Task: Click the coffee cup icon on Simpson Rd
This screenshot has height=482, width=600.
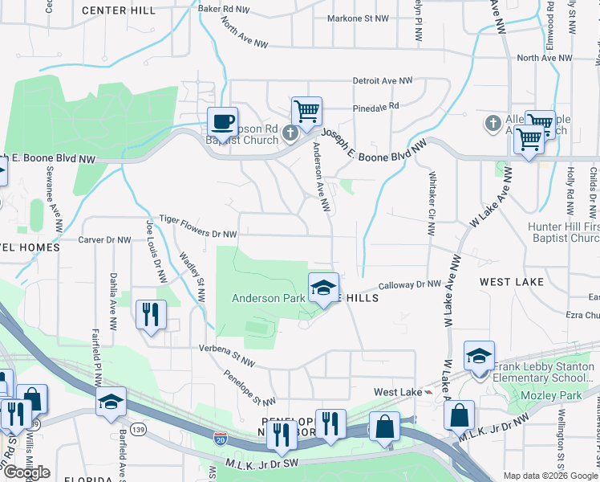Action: (222, 122)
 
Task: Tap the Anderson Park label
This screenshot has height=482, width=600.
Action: (268, 298)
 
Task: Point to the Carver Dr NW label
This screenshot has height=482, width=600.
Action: (104, 239)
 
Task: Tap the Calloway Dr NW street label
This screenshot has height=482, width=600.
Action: (410, 284)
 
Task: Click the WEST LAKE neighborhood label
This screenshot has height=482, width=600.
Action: (512, 282)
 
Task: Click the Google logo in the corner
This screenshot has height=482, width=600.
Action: (26, 472)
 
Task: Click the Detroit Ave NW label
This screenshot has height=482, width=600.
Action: (383, 81)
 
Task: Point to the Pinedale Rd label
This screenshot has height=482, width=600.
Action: (375, 107)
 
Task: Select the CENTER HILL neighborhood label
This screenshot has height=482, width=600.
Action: (119, 10)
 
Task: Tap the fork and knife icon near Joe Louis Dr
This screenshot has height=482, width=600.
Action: (150, 315)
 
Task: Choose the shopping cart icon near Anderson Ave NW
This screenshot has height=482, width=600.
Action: (306, 111)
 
